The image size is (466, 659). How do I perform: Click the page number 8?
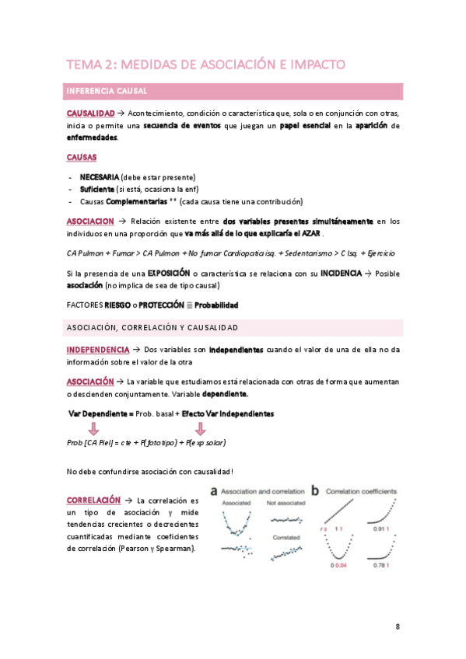[397, 626]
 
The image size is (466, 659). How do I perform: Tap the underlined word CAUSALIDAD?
[90, 114]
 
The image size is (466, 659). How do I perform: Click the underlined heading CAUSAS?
[82, 158]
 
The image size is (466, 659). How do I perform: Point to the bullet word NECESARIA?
[99, 177]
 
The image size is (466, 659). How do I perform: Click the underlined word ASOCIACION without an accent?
[90, 221]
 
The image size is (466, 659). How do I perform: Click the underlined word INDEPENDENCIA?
[97, 350]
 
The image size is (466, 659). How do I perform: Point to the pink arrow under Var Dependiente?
[93, 429]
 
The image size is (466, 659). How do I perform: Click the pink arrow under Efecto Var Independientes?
[200, 429]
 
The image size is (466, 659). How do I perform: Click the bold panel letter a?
[214, 491]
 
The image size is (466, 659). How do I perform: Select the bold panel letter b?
[315, 491]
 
